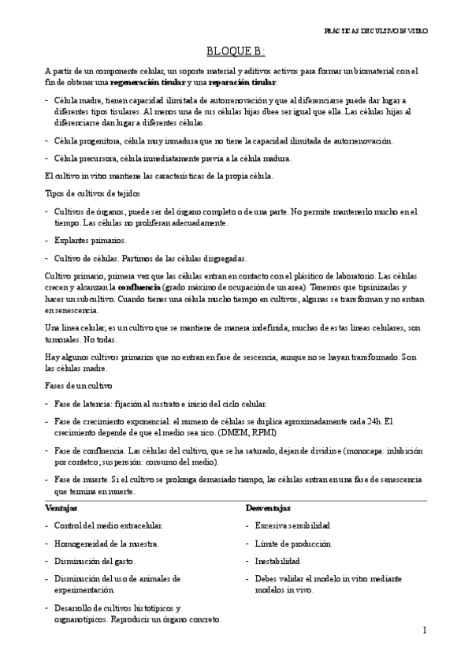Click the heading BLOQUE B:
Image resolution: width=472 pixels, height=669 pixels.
(x=236, y=52)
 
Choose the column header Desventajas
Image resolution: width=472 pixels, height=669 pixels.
(x=268, y=508)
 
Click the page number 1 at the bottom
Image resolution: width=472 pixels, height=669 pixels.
(x=424, y=630)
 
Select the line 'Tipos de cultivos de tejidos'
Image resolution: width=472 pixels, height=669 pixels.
(x=82, y=193)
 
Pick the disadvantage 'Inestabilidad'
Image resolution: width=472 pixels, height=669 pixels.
(x=277, y=562)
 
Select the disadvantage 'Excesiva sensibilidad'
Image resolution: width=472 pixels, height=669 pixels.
(x=292, y=525)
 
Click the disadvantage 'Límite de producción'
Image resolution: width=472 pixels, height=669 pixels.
(x=292, y=544)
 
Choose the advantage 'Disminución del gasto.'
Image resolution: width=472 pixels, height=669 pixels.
(x=95, y=562)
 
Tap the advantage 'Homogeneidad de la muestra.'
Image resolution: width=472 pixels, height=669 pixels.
(x=107, y=544)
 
